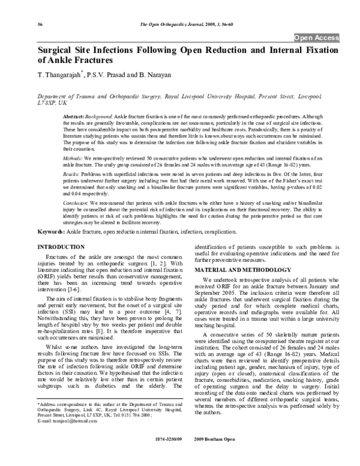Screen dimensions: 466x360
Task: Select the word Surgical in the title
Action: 58,50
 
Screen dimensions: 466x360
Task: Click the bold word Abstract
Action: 89,115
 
